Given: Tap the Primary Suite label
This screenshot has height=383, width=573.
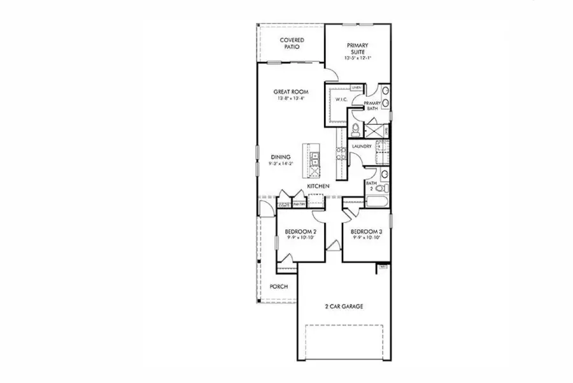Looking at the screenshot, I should click(x=358, y=48).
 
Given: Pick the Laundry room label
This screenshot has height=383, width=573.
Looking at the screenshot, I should click(x=361, y=147).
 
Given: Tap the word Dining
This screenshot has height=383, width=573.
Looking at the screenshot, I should click(x=280, y=157).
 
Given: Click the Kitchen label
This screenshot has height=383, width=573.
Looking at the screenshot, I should click(x=318, y=185).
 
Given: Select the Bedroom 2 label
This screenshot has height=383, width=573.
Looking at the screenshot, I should click(x=296, y=231).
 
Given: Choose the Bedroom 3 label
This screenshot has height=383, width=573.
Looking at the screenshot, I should click(x=366, y=231).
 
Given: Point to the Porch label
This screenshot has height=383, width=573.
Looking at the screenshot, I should click(x=279, y=287).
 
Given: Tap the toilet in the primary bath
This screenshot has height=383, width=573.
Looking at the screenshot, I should click(x=354, y=131).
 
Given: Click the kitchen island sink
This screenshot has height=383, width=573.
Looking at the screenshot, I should click(x=314, y=156).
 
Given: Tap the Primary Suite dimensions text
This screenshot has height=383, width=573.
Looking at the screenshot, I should click(x=357, y=57).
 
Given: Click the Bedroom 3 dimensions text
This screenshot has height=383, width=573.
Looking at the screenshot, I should click(x=366, y=238).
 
